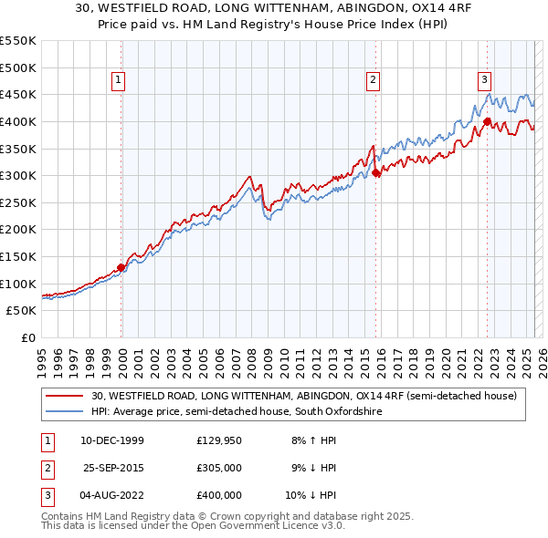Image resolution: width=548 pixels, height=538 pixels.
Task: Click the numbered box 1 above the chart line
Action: [119, 80]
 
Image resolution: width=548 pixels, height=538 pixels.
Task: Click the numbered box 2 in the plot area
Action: [374, 80]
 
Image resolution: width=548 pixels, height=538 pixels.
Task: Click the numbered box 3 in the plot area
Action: [484, 80]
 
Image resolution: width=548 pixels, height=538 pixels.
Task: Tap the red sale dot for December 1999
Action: [121, 267]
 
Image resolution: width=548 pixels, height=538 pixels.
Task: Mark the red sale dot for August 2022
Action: [487, 121]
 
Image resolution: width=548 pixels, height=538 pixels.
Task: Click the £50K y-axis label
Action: [22, 310]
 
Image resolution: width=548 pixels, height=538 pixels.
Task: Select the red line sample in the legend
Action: [66, 396]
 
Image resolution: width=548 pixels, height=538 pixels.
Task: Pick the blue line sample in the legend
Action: [66, 412]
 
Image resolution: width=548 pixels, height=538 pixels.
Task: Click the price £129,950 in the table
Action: [219, 440]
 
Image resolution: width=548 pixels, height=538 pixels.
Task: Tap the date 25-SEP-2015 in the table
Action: [114, 468]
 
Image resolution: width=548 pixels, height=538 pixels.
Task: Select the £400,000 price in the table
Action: [219, 495]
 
